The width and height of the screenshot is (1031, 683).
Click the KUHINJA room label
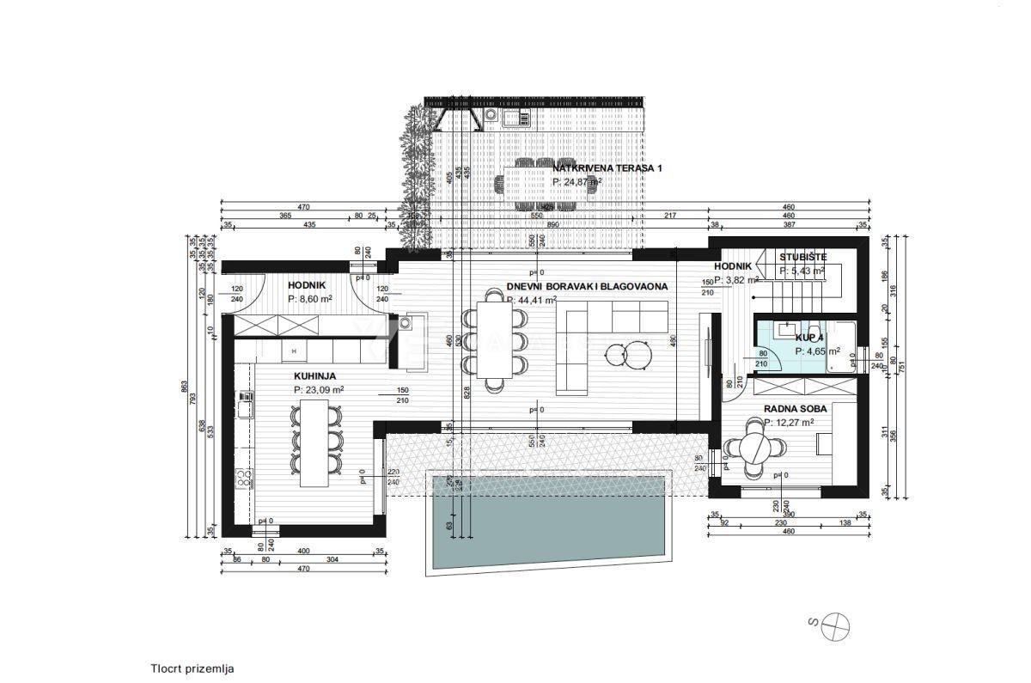[314, 376]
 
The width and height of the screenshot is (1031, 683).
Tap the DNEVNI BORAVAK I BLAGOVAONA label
[587, 287]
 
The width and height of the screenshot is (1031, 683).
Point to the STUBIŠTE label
[803, 257]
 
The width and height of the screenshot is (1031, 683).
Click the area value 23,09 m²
[320, 389]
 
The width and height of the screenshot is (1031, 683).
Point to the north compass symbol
[834, 625]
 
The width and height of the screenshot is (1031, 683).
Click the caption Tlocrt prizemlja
[192, 668]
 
